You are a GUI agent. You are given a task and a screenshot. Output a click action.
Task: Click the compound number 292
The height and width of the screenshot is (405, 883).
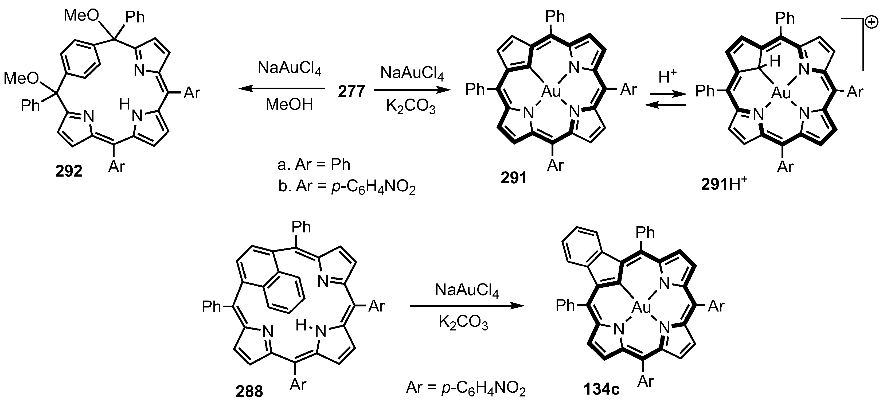click(x=69, y=171)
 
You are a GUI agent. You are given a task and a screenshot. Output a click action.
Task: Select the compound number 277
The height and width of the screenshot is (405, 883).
click(x=351, y=92)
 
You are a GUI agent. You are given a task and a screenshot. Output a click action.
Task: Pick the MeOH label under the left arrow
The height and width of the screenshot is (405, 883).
click(x=289, y=104)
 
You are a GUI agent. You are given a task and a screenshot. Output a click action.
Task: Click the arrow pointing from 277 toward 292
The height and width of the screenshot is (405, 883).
click(x=281, y=89)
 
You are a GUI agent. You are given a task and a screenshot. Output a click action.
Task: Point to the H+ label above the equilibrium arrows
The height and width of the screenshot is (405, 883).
click(x=668, y=77)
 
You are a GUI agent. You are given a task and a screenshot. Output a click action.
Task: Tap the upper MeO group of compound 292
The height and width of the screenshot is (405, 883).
click(x=81, y=15)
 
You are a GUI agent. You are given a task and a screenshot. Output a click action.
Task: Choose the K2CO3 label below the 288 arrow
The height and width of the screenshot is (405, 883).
click(x=463, y=323)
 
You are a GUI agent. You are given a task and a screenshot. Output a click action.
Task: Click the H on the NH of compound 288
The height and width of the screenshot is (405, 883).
click(x=301, y=325)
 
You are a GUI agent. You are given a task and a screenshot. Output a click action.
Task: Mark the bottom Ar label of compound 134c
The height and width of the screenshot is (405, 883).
click(x=646, y=381)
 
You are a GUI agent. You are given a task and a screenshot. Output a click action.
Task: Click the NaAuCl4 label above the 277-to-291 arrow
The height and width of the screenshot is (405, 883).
click(x=412, y=73)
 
